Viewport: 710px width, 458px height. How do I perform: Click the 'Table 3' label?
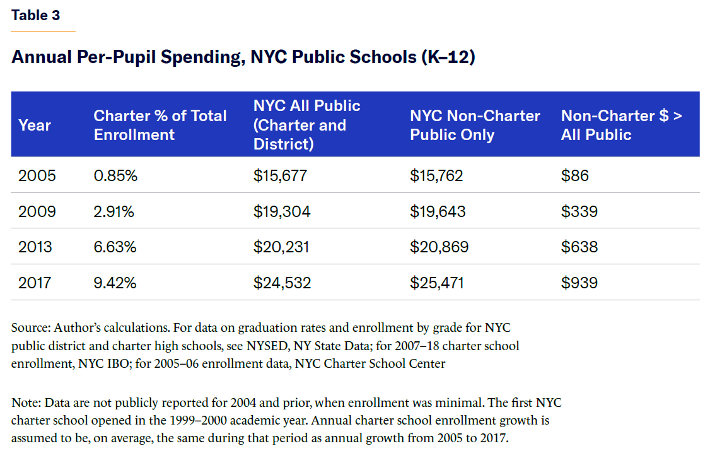pos(35,15)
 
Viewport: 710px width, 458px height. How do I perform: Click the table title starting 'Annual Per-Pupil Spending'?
pos(243,57)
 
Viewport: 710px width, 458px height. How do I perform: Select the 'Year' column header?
pos(35,125)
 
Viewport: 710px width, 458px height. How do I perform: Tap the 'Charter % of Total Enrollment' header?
pos(160,125)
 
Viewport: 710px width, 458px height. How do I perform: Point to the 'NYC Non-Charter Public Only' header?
pos(475,125)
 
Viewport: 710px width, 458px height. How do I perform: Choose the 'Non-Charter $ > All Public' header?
pos(621,125)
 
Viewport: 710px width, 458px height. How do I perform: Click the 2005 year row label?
pos(37,175)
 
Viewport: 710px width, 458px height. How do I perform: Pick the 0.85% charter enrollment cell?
pos(115,175)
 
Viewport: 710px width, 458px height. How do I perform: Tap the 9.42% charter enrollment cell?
pos(115,283)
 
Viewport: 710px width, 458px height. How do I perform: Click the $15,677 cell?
pos(280,175)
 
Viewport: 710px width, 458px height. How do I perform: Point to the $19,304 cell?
pos(282,211)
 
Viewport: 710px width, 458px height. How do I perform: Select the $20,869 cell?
pos(439,247)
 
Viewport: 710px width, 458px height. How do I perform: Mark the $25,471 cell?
pos(437,283)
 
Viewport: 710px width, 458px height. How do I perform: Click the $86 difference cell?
pos(574,175)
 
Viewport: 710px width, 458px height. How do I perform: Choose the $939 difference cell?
pos(579,283)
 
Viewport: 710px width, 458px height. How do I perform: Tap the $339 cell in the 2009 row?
pos(579,211)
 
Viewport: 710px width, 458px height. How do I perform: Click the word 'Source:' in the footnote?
pos(31,328)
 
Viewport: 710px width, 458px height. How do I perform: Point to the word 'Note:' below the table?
pos(26,402)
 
